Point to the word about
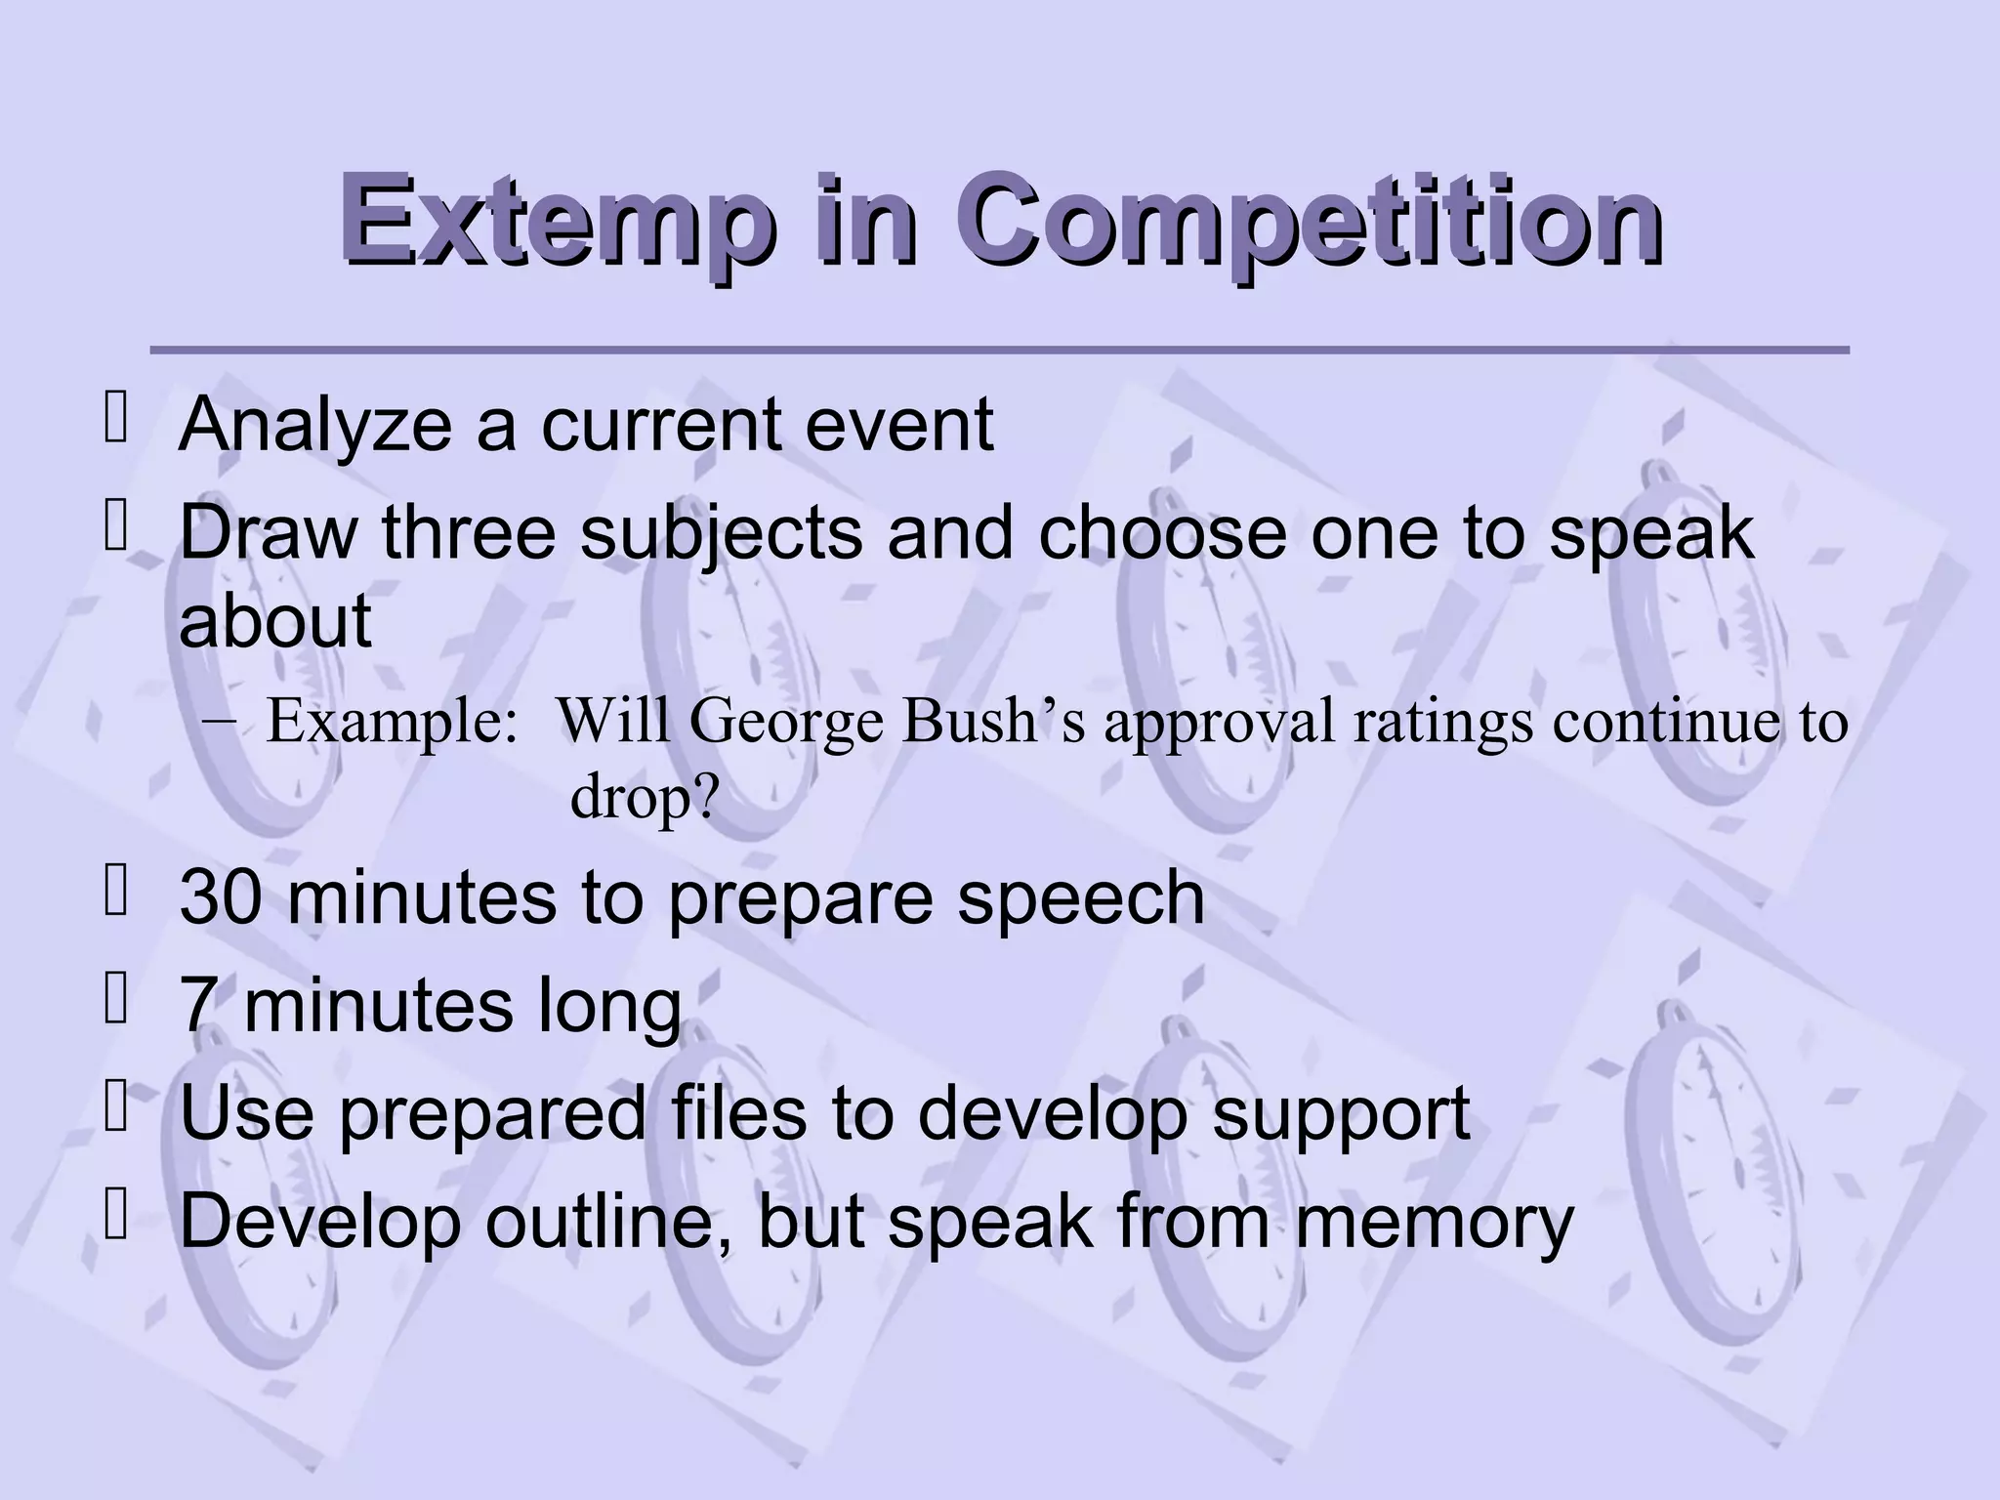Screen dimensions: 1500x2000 point(275,621)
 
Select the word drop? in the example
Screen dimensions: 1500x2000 point(645,797)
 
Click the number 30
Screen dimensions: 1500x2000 point(221,898)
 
